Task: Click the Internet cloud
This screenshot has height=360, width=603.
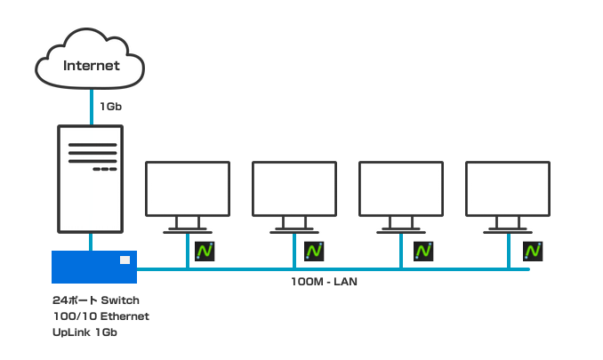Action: (x=91, y=62)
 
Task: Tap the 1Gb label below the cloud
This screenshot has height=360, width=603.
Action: (x=111, y=107)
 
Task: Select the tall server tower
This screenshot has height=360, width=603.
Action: (x=90, y=179)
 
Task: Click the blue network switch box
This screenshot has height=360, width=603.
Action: (x=93, y=267)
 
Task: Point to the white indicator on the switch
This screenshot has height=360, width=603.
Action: (x=125, y=260)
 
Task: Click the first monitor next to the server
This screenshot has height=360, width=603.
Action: (x=188, y=188)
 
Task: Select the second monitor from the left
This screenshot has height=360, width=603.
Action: (x=294, y=188)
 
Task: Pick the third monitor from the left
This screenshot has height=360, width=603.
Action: (x=400, y=188)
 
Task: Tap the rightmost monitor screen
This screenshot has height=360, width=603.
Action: (x=508, y=188)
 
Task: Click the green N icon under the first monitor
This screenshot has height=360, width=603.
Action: (x=205, y=252)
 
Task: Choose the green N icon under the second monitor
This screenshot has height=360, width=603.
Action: (x=314, y=252)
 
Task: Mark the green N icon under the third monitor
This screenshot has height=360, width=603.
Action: (x=423, y=252)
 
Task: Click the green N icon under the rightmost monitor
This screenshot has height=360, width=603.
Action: (x=533, y=252)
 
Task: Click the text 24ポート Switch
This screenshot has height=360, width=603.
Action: (x=96, y=300)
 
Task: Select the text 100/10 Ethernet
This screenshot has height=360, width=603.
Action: (x=100, y=316)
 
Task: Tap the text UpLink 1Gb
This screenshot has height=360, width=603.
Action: (x=85, y=332)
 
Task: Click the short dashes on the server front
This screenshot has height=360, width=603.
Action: (x=105, y=169)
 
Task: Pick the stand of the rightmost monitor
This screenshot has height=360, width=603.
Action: (x=508, y=224)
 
